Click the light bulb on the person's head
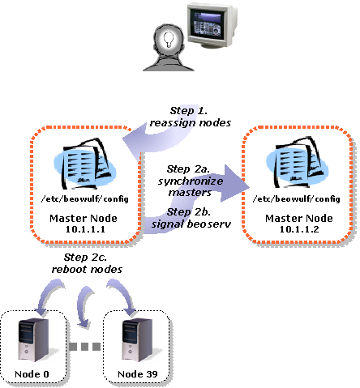coord(169,40)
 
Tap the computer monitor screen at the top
coord(205,23)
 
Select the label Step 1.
coord(189,111)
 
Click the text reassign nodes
coord(191,123)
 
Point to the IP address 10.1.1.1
coord(85,229)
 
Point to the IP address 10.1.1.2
coord(299,229)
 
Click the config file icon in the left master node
coord(85,164)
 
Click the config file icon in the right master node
coord(298,163)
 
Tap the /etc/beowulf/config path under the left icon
coord(85,199)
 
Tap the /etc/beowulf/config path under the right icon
coord(297,199)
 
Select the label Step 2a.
coord(188,169)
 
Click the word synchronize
coord(191,181)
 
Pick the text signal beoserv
coord(191,224)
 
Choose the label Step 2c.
coord(85,258)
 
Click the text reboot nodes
coord(87,269)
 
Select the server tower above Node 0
coord(33,340)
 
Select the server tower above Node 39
coord(137,340)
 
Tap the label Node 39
coord(138,374)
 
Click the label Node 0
coord(32,374)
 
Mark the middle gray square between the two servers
coord(84,347)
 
